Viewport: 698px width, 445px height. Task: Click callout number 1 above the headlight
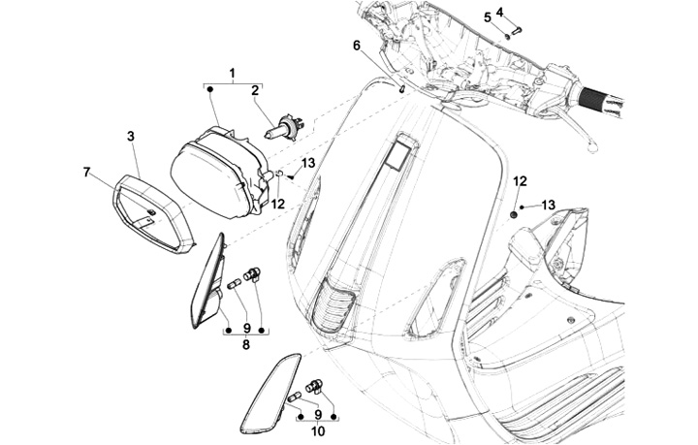click(x=232, y=73)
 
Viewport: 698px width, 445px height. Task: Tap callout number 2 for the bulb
click(x=255, y=91)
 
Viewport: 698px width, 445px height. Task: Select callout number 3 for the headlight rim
click(x=131, y=137)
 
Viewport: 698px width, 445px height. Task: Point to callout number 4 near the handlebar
click(x=500, y=12)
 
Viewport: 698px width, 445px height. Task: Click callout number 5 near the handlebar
click(x=488, y=17)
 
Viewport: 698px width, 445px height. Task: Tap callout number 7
click(x=86, y=172)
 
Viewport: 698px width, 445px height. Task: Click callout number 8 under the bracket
click(x=246, y=344)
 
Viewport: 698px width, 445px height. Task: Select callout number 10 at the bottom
click(x=318, y=430)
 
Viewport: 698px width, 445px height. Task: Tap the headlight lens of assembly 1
click(x=209, y=180)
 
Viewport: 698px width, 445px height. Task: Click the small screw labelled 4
click(x=518, y=30)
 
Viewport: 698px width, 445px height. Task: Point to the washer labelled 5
click(x=507, y=35)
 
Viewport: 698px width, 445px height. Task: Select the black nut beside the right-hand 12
click(x=514, y=215)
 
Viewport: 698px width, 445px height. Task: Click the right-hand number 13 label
click(x=549, y=206)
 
